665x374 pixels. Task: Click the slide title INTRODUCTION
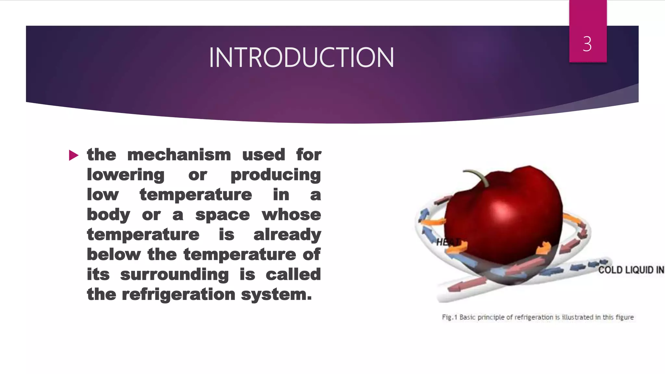click(x=301, y=58)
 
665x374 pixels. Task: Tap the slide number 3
click(x=587, y=44)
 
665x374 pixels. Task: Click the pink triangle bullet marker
click(x=74, y=156)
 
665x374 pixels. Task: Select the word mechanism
click(x=179, y=155)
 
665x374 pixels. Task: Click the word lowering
click(x=126, y=175)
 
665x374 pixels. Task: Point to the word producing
click(x=276, y=175)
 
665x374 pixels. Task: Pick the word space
click(x=222, y=215)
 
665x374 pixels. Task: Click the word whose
click(x=291, y=215)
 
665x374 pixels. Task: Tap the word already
click(x=287, y=235)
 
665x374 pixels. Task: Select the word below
click(x=113, y=255)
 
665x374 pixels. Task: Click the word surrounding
click(x=174, y=275)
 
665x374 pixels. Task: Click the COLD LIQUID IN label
click(x=631, y=270)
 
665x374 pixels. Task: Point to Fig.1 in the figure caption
click(x=449, y=317)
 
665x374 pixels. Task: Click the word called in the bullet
click(x=293, y=275)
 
